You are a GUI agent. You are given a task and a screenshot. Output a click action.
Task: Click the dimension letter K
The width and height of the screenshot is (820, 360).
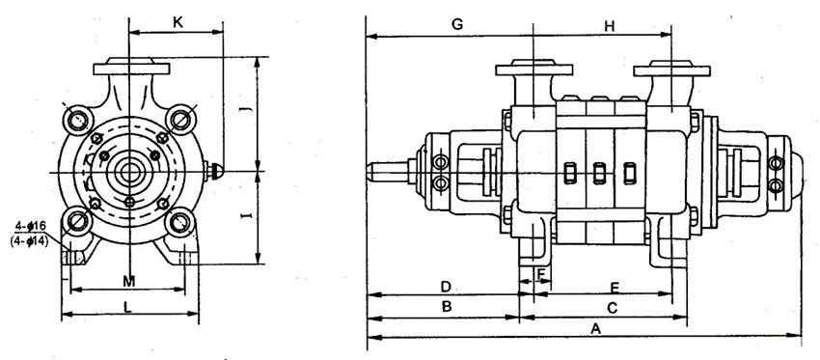[x=178, y=22]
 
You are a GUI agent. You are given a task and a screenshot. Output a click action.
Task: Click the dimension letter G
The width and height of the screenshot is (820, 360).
[x=457, y=24]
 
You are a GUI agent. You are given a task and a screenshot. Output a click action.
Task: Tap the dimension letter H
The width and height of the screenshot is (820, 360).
[x=610, y=27]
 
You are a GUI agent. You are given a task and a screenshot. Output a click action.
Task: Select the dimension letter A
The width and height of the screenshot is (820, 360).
[x=594, y=328]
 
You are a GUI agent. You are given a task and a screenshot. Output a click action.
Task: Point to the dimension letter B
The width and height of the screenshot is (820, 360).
[x=447, y=307]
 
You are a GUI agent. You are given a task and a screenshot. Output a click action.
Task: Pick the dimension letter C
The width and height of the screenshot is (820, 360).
[x=613, y=308]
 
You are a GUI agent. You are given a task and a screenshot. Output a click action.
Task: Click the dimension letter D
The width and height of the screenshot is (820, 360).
[x=446, y=287]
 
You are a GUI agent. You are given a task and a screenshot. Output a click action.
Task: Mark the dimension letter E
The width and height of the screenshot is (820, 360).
[x=615, y=288]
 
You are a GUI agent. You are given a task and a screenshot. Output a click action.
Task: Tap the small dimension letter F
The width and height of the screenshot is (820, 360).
[x=541, y=273]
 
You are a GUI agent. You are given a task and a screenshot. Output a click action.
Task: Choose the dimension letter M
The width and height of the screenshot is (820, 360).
[x=129, y=282]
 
